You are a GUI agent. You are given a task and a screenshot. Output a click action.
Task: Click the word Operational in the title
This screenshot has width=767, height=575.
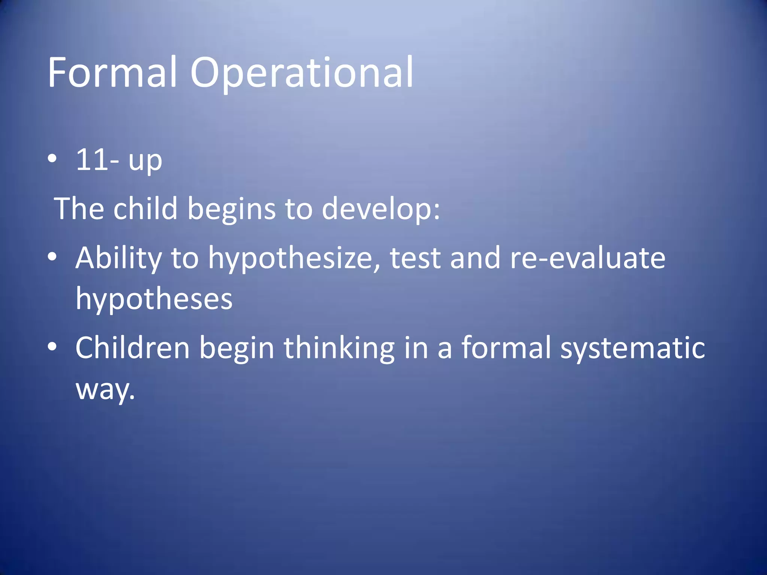point(302,73)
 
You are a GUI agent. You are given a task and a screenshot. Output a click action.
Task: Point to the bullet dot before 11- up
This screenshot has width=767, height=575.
point(52,159)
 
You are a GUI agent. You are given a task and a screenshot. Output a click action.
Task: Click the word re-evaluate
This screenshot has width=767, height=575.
point(587,258)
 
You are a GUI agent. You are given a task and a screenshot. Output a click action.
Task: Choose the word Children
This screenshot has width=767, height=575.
point(133,348)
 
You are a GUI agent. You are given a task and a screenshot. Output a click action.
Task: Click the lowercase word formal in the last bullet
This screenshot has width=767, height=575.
point(506,348)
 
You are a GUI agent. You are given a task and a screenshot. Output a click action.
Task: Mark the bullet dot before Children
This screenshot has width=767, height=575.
point(52,347)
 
